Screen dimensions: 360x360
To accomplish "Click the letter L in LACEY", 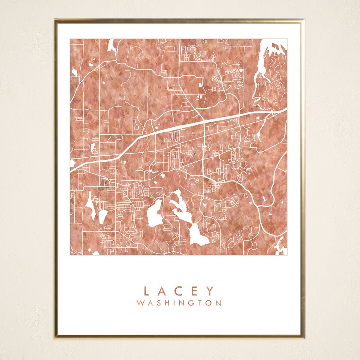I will tap(146, 291).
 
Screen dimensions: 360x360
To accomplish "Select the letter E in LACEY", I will tap(195, 291).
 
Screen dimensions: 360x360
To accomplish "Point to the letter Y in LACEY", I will tap(210, 291).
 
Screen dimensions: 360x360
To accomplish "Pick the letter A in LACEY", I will tap(162, 291).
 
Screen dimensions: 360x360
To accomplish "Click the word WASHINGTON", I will tap(179, 303).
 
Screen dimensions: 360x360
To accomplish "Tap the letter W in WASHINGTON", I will tap(140, 303).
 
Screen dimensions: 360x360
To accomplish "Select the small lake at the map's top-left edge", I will tap(111, 45).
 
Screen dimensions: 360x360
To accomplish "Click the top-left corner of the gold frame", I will tap(56, 20).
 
